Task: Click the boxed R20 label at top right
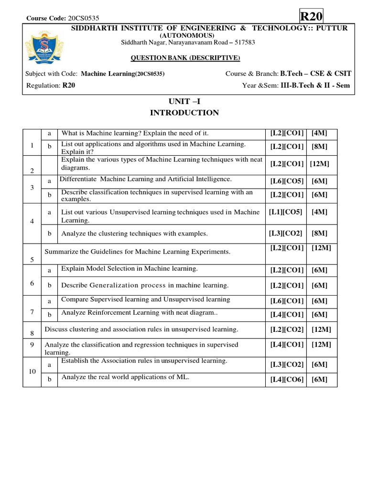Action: click(x=312, y=16)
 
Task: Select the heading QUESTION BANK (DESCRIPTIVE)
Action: click(x=186, y=58)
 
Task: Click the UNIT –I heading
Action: click(x=184, y=101)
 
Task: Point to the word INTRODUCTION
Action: click(x=184, y=113)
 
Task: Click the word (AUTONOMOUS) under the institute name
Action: click(x=187, y=35)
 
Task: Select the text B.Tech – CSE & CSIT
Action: click(x=315, y=74)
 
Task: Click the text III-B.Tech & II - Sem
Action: click(x=315, y=85)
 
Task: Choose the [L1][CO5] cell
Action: click(x=285, y=212)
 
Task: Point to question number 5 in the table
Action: click(x=32, y=260)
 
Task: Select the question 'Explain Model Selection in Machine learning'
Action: click(x=129, y=269)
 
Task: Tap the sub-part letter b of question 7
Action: click(x=49, y=315)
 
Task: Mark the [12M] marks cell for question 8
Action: click(x=321, y=330)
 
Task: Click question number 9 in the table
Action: click(x=32, y=344)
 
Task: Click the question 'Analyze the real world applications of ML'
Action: click(x=125, y=377)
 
